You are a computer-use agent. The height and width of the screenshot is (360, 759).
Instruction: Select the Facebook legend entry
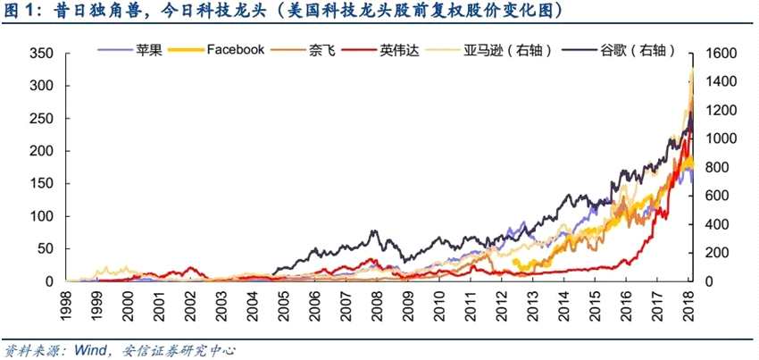pos(235,50)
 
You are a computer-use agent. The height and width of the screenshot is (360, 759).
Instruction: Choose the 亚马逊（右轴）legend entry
pos(506,50)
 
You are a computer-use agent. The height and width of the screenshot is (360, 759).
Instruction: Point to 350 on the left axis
pos(42,54)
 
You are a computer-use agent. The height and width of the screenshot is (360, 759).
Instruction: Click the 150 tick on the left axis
pos(42,184)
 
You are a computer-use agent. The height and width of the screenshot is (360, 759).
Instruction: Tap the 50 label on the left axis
pos(46,249)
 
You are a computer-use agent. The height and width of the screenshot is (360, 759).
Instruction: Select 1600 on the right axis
pos(721,54)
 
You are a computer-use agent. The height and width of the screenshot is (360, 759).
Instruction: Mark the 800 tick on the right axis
pos(718,168)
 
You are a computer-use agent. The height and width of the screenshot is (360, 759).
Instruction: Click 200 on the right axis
pos(718,254)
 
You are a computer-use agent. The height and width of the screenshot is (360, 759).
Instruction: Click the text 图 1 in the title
pos(21,11)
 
